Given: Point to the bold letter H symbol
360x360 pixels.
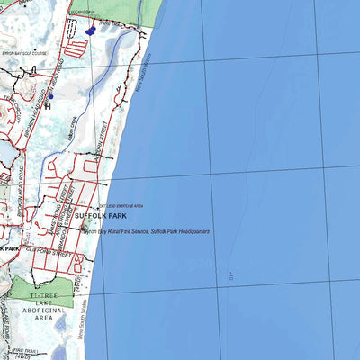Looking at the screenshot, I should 47,105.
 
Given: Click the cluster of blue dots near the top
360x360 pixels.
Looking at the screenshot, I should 89,29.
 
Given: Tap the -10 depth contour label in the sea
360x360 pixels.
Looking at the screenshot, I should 231,273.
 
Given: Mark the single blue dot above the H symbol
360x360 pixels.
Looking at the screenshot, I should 51,96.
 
